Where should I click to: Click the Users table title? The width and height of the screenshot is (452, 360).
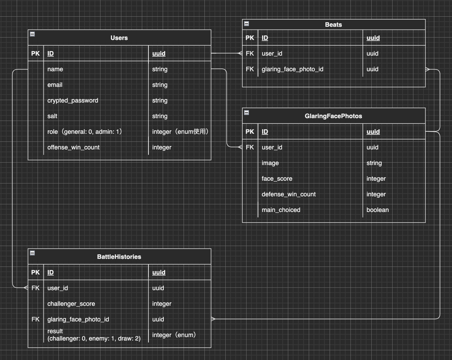119,38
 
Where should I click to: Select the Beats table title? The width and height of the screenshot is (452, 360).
333,25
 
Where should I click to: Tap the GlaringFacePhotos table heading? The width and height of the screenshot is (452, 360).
333,116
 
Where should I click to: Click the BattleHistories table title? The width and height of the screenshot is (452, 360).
119,257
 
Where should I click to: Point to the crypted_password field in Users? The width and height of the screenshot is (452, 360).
73,100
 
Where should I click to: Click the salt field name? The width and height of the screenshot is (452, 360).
52,116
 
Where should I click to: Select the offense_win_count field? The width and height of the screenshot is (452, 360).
73,147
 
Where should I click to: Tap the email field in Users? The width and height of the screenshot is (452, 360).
55,85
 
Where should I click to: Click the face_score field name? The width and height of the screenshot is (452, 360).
277,179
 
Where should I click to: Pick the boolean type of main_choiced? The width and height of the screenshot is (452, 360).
377,210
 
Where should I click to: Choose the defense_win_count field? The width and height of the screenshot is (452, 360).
289,194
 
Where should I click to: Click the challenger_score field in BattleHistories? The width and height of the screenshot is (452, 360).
71,304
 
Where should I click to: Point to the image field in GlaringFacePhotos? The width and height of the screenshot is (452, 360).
270,163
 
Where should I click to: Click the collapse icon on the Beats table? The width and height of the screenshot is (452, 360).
247,24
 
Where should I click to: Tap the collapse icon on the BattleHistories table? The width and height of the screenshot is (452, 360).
32,253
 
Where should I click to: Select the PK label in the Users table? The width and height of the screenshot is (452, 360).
35,54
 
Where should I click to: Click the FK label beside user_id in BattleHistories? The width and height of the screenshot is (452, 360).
35,288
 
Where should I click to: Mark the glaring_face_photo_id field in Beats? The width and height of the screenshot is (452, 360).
292,69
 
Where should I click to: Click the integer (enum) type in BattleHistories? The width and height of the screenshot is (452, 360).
174,335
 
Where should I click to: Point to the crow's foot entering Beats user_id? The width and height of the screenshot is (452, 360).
240,54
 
